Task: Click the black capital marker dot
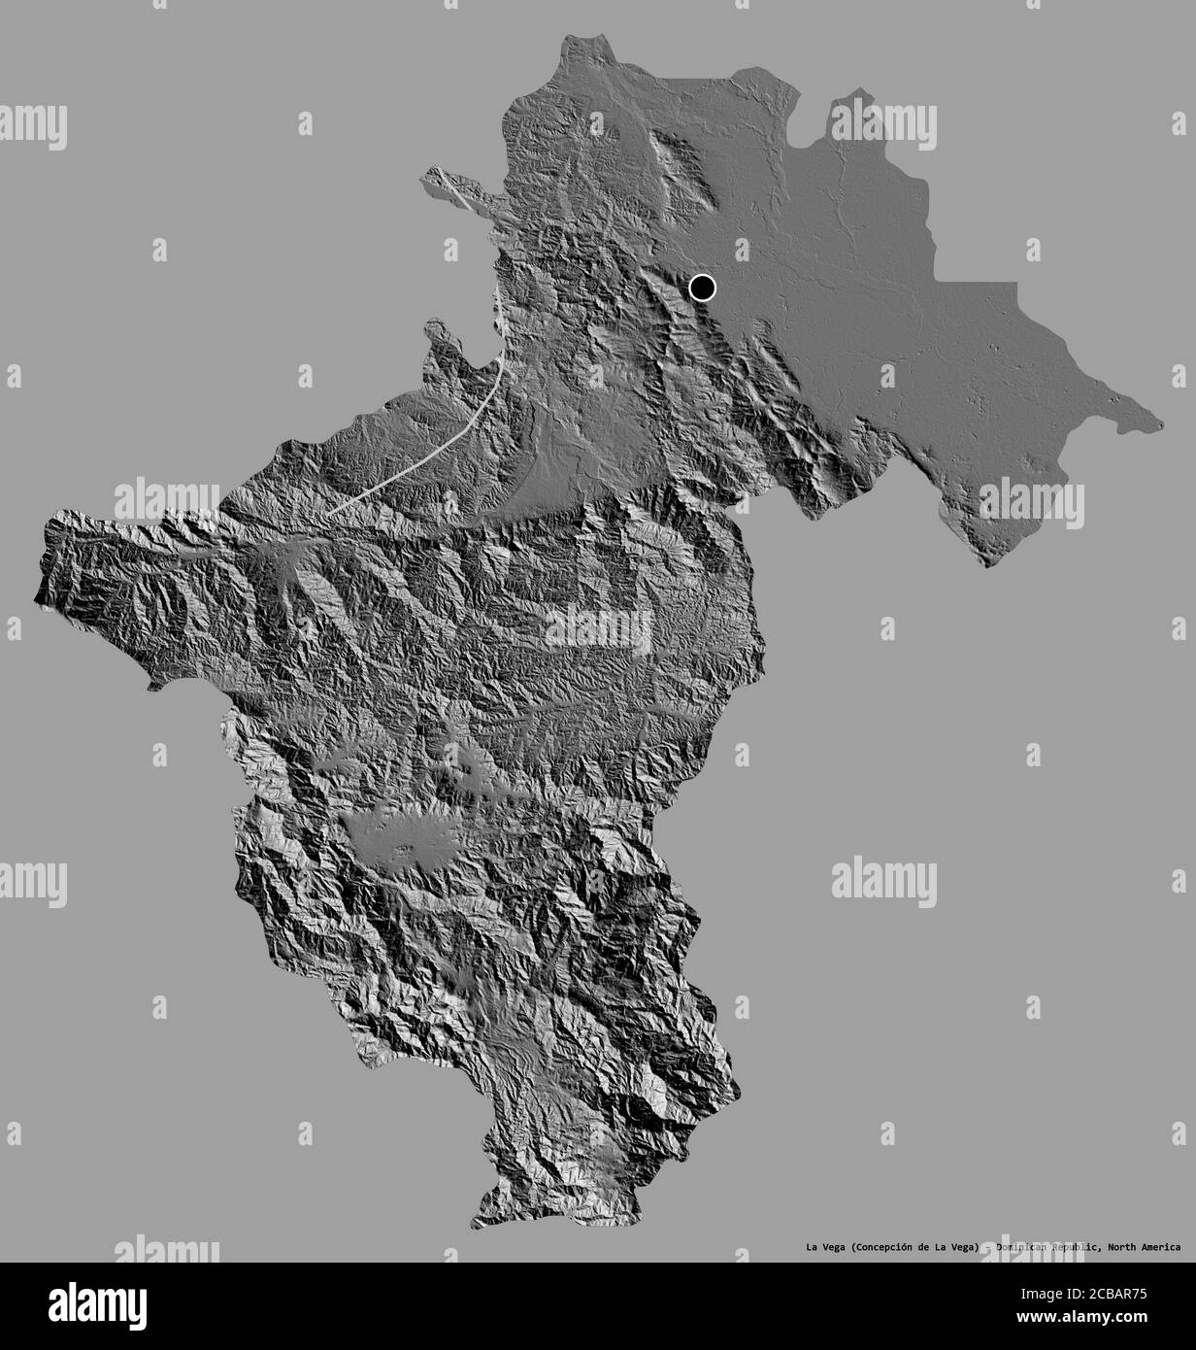702,287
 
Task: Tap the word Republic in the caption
1077,1247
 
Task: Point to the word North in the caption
1122,1247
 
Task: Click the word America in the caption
1163,1247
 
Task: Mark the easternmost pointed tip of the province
1162,422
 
